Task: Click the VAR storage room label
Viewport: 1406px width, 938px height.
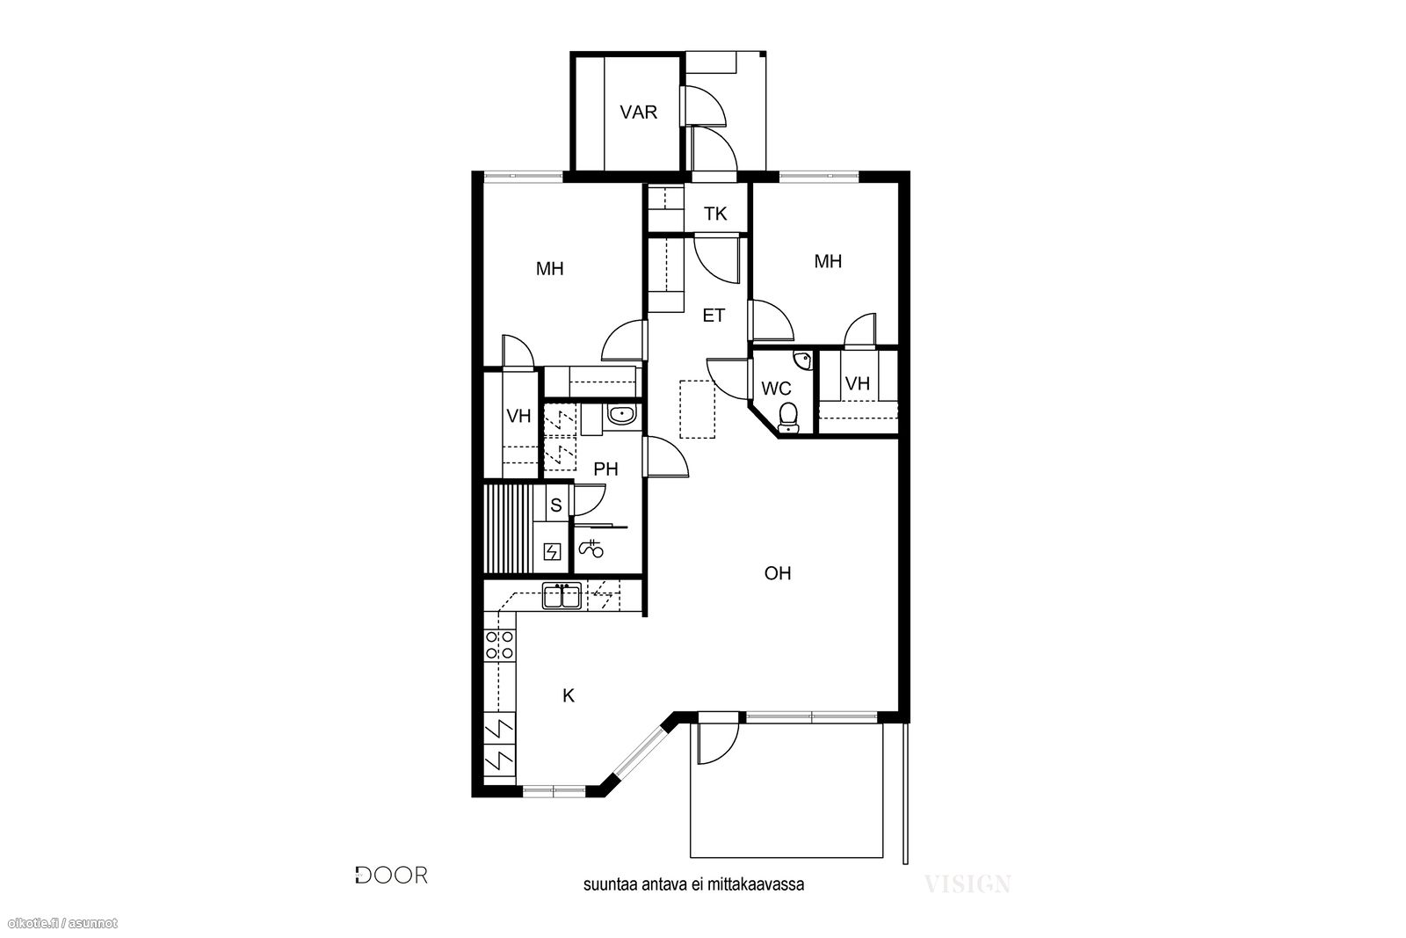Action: click(x=638, y=113)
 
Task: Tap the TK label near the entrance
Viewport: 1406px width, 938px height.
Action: click(x=715, y=215)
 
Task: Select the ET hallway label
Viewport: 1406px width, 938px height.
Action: click(x=714, y=316)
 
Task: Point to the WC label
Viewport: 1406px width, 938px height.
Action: click(x=777, y=389)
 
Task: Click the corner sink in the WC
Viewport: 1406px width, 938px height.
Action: click(x=803, y=360)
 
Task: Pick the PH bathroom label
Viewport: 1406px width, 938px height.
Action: click(x=605, y=469)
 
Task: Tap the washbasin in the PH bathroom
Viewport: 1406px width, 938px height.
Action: click(x=622, y=414)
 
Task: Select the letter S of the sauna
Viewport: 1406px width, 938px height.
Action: click(x=555, y=505)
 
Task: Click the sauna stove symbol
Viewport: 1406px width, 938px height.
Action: click(x=553, y=552)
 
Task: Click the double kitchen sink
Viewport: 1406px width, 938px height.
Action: click(x=562, y=596)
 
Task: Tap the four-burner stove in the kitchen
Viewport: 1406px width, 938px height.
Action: click(x=500, y=644)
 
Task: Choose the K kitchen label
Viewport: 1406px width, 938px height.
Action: click(x=569, y=695)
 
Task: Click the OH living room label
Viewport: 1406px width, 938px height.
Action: click(x=778, y=573)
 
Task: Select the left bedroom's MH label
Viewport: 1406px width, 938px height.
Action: click(x=550, y=269)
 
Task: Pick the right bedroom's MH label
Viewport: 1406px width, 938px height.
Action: click(x=828, y=261)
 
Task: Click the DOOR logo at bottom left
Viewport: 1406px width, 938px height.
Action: click(x=392, y=876)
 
